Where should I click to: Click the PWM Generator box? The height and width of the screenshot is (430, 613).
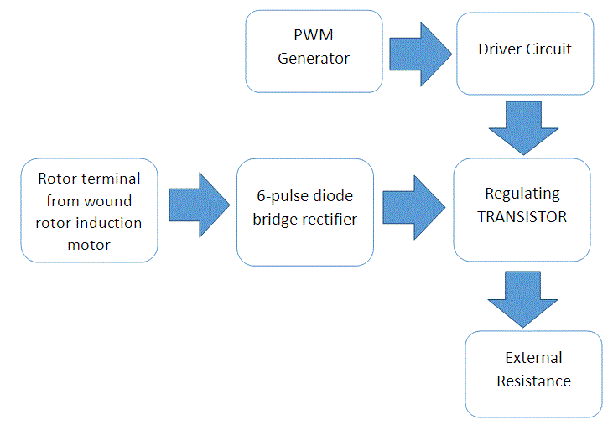[314, 50]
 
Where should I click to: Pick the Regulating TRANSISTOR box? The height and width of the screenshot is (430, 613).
[522, 210]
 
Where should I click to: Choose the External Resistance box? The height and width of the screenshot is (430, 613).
[533, 374]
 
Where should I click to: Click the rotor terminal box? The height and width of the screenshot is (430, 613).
[89, 210]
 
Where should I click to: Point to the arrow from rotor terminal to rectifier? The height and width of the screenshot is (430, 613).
[198, 206]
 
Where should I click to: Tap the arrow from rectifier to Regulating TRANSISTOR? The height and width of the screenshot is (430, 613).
[413, 206]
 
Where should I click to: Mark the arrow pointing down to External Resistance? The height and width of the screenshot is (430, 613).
[522, 298]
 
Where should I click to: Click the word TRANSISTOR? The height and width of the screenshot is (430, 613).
[522, 217]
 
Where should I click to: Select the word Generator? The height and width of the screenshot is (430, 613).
[314, 59]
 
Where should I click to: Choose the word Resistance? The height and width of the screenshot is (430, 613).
[533, 381]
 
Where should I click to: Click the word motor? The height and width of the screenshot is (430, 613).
[89, 245]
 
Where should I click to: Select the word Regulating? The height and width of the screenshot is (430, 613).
[522, 194]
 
